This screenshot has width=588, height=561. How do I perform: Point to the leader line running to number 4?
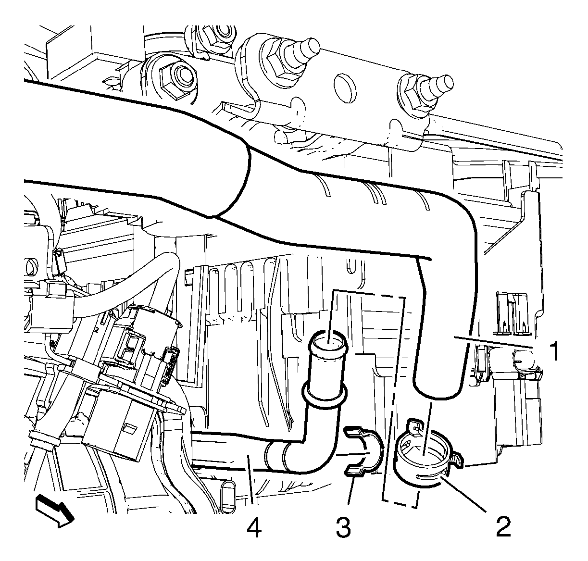[250, 479]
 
